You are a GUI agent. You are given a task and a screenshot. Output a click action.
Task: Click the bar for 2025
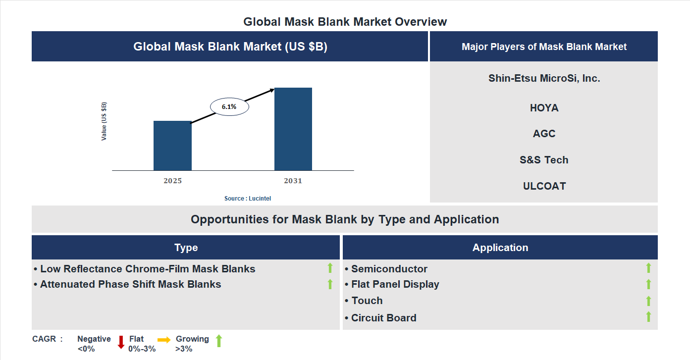pos(172,146)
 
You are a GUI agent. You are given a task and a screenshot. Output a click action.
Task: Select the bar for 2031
pos(293,129)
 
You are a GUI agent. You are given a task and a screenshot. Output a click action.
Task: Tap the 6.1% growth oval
pos(229,106)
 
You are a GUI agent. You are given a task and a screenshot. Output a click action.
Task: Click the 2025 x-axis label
pos(172,181)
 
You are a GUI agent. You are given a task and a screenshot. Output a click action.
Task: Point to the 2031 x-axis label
pos(293,181)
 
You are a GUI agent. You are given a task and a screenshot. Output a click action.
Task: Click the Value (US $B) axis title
pos(104,121)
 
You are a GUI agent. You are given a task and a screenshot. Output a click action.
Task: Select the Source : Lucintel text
pos(248,198)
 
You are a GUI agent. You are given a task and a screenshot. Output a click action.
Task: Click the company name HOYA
pos(544,108)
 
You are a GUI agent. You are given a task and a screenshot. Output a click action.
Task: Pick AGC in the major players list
pos(544,134)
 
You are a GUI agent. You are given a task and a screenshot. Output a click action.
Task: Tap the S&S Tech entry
pos(544,160)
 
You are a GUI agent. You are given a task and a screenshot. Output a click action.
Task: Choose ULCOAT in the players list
pos(544,186)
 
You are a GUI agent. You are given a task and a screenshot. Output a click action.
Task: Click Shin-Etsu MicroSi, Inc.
pos(544,78)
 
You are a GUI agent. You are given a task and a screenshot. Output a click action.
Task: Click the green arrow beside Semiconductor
pos(648,268)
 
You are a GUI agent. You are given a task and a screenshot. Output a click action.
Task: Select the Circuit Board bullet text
pos(383,318)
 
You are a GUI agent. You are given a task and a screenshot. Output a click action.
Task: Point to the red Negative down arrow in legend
pos(121,342)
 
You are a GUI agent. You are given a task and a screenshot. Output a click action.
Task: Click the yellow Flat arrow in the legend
pos(164,340)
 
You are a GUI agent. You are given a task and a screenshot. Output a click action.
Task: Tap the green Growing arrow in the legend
pos(219,341)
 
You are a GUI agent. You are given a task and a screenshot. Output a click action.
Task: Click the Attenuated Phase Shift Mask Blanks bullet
pos(130,284)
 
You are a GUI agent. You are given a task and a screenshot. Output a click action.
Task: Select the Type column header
pos(186,248)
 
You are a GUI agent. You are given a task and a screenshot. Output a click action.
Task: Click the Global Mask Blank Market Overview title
pos(345,22)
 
